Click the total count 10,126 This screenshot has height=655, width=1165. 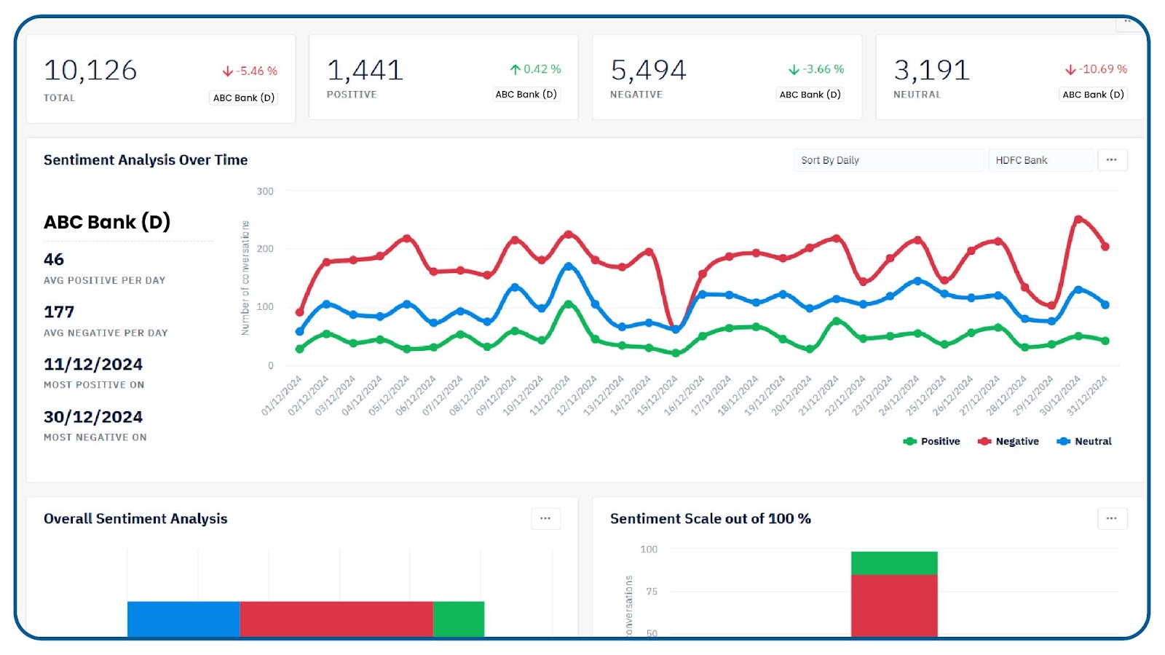[x=90, y=70]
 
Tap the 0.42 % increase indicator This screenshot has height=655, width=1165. [x=535, y=69]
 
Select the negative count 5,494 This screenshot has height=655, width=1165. [x=649, y=70]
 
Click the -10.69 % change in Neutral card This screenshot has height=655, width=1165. [x=1096, y=69]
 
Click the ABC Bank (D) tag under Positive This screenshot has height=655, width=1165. [x=526, y=94]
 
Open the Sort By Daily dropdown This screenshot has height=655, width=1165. [x=888, y=160]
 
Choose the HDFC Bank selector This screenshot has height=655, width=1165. [x=1040, y=160]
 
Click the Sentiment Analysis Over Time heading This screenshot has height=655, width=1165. [x=146, y=159]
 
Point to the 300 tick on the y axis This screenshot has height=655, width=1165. [x=265, y=191]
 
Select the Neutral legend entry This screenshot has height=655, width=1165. [x=1084, y=441]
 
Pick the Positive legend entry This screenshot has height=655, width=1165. [x=931, y=441]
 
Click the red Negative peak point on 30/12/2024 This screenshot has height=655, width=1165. [x=1078, y=219]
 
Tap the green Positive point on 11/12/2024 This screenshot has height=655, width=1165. [x=569, y=304]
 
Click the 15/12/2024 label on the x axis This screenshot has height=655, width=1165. [x=657, y=396]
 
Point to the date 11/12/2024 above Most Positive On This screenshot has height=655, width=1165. [x=93, y=365]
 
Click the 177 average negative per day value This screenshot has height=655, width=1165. [x=59, y=312]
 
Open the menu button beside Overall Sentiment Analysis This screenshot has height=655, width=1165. [x=545, y=518]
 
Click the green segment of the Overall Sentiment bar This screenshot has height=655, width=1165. [x=459, y=619]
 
